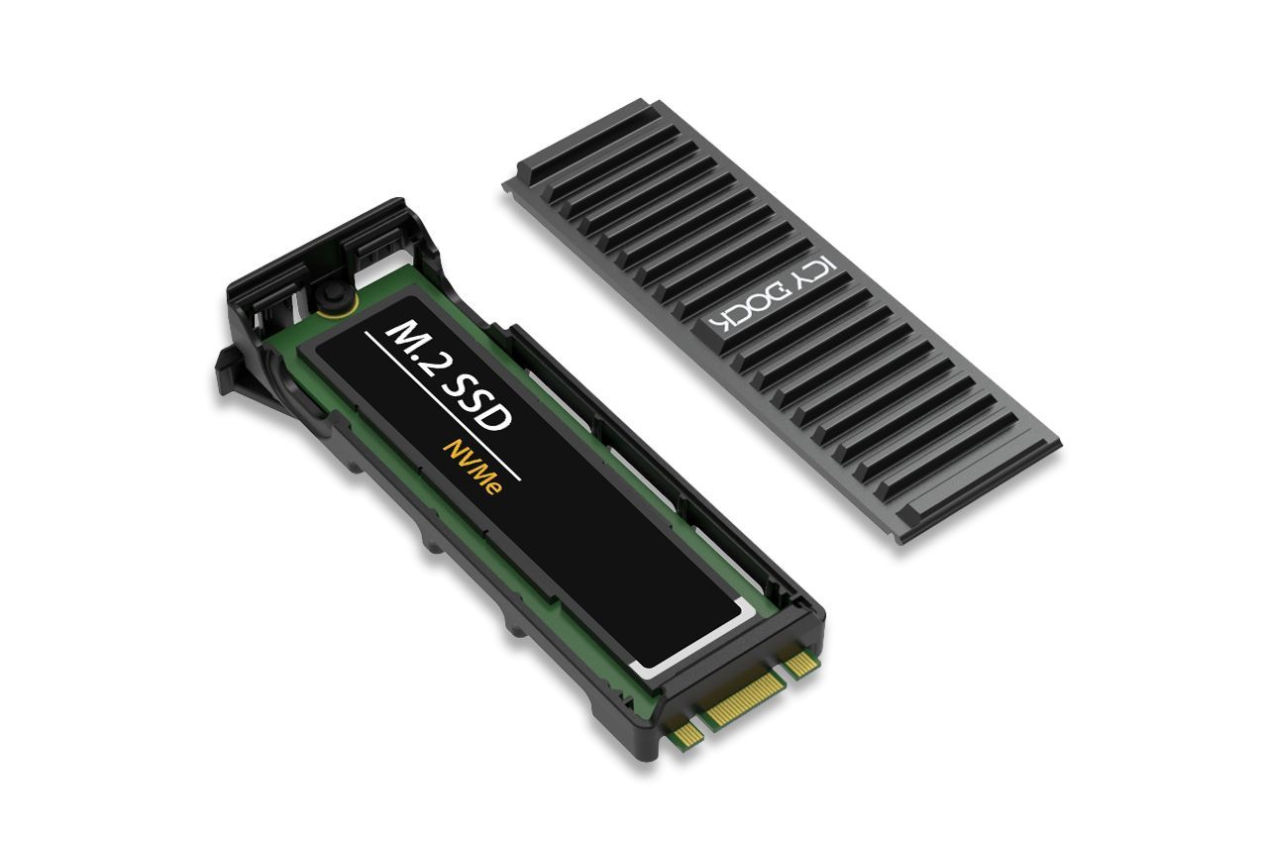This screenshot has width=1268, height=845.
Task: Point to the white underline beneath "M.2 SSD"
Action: [442, 405]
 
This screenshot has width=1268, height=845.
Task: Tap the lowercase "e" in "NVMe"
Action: [491, 491]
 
